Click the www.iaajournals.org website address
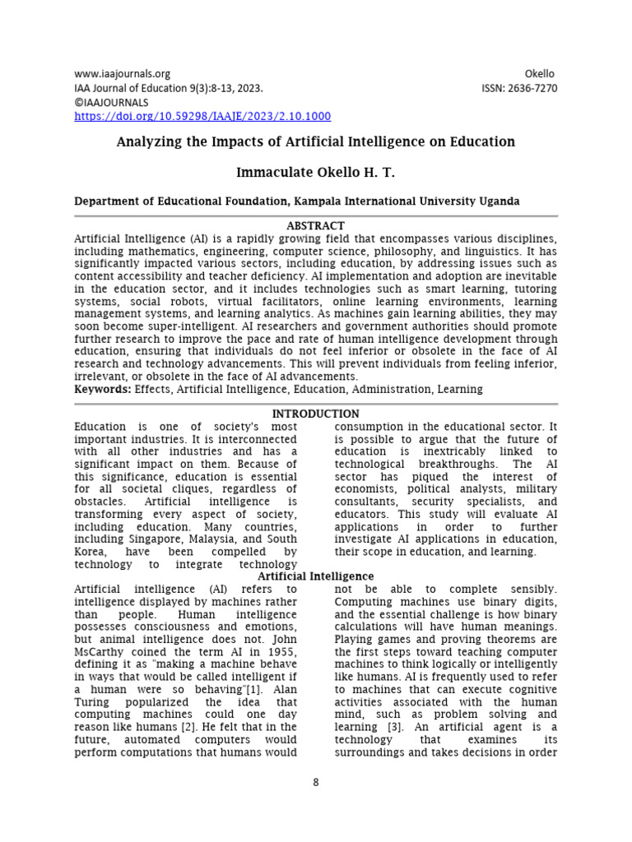tap(122, 73)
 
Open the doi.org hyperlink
tap(202, 117)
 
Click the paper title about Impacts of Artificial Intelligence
tap(316, 141)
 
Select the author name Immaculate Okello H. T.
tap(316, 173)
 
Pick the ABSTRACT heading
tap(315, 225)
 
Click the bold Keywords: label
tap(102, 388)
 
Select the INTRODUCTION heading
tap(315, 414)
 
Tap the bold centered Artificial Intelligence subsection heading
tap(315, 576)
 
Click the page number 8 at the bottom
tap(315, 782)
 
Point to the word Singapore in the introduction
tap(152, 539)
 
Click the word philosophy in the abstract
tap(435, 251)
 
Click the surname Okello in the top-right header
tap(540, 73)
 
